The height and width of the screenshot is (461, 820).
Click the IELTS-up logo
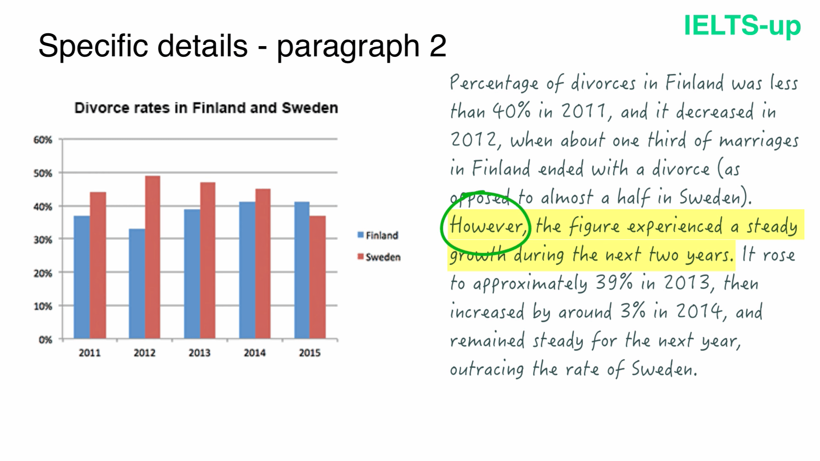pyautogui.click(x=742, y=26)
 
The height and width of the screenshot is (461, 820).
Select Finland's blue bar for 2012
pyautogui.click(x=137, y=284)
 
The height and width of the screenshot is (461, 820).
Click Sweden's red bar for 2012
pyautogui.click(x=152, y=257)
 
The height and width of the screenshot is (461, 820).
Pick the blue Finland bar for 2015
pyautogui.click(x=302, y=270)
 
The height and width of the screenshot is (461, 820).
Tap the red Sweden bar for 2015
pyautogui.click(x=318, y=277)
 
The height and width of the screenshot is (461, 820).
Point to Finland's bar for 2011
pyautogui.click(x=82, y=277)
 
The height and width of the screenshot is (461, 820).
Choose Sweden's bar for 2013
pyautogui.click(x=208, y=260)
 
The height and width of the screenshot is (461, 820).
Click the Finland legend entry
pyautogui.click(x=378, y=235)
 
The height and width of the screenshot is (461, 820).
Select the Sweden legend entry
pyautogui.click(x=379, y=257)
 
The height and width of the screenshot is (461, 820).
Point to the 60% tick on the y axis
pyautogui.click(x=43, y=140)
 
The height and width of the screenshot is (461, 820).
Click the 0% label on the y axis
pyautogui.click(x=45, y=340)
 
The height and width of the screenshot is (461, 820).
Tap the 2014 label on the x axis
pyautogui.click(x=255, y=353)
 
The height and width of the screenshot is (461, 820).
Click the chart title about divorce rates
pyautogui.click(x=206, y=108)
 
